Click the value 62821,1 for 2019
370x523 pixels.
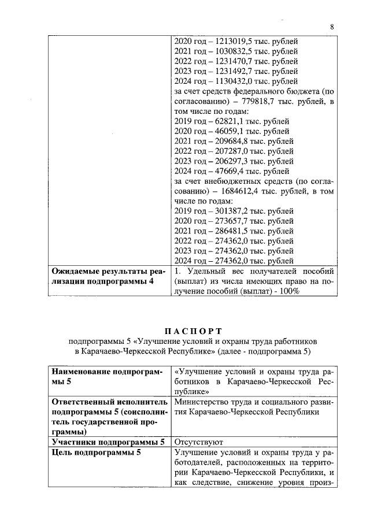(x=229, y=121)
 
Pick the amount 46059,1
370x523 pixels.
(x=229, y=131)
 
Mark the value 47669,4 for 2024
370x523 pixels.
(x=229, y=171)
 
